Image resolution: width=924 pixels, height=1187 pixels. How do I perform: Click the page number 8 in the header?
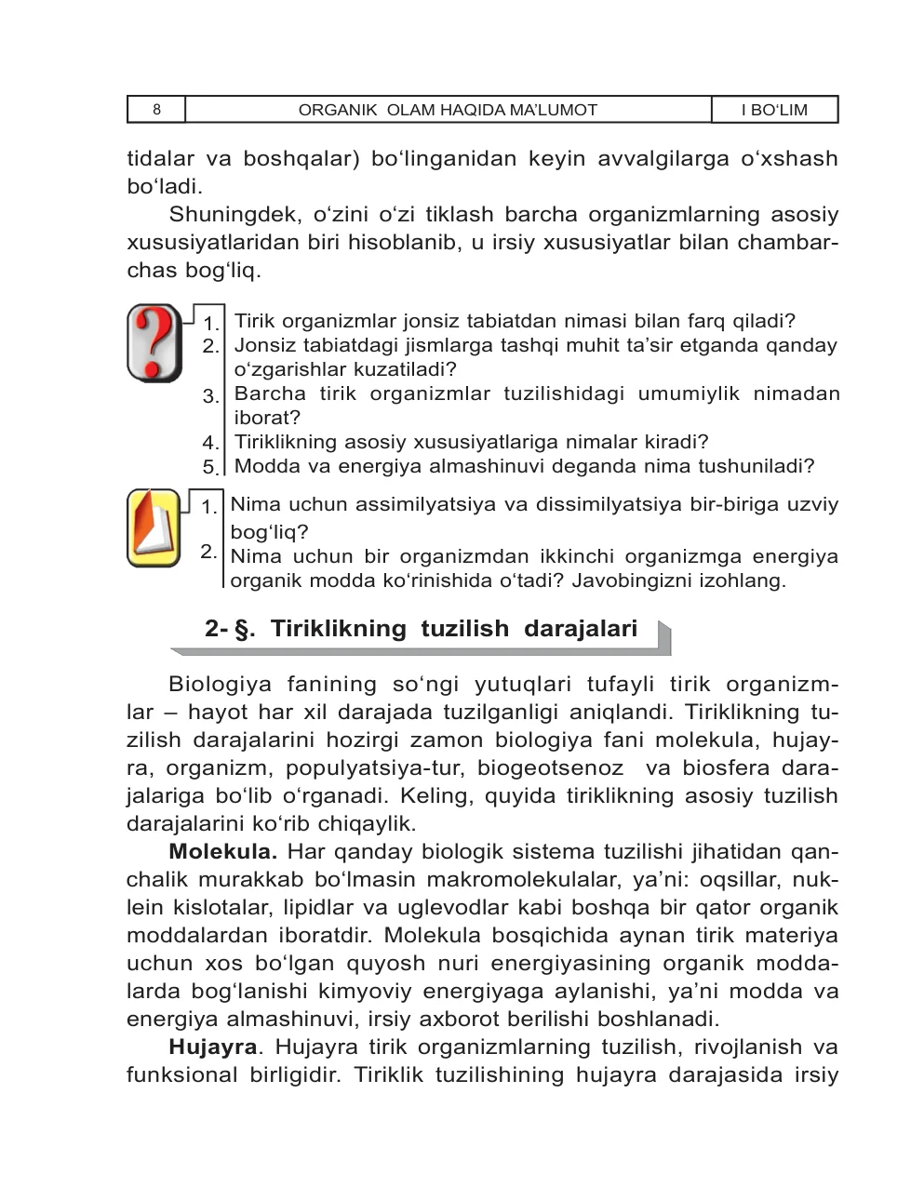click(156, 110)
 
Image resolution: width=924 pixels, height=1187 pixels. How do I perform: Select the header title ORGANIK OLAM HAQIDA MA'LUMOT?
click(448, 110)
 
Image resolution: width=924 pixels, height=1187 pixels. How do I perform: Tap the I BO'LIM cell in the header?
click(774, 110)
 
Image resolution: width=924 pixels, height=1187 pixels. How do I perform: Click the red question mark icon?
click(154, 342)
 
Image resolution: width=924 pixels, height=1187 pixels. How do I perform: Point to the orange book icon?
click(154, 527)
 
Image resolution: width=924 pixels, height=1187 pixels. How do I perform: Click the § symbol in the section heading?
click(244, 630)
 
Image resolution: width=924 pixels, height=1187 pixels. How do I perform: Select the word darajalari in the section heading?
click(581, 629)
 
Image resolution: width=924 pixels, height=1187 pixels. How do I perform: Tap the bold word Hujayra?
click(212, 1047)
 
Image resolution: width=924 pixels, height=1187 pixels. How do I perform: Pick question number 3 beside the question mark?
click(210, 396)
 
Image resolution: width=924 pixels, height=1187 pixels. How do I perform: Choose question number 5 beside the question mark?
click(210, 467)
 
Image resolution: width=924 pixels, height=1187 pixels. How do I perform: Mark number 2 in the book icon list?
click(208, 552)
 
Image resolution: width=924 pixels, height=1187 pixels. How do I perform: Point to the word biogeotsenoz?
click(550, 768)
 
